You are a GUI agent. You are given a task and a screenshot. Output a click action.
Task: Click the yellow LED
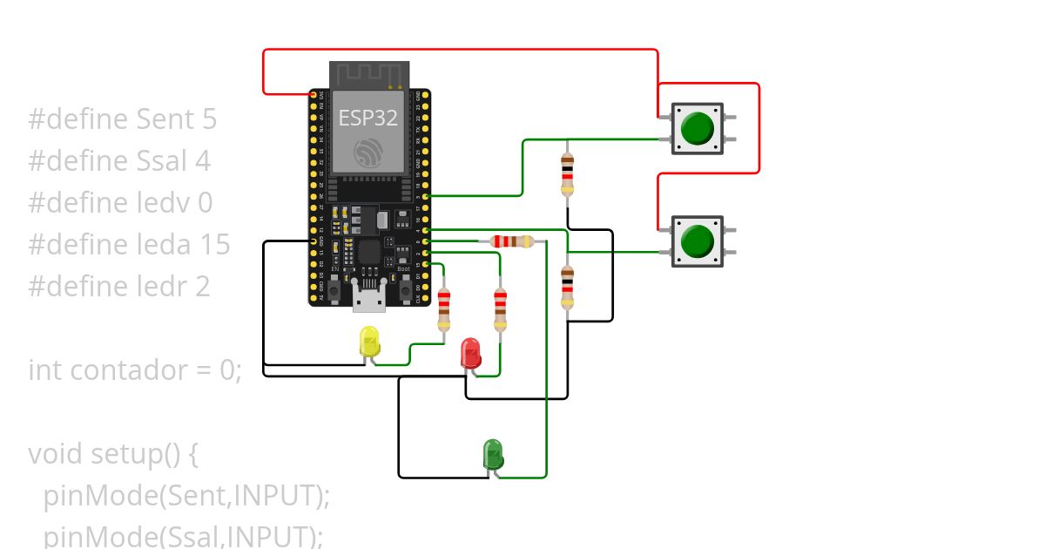click(x=370, y=341)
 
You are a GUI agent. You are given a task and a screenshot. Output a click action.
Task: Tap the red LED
click(x=470, y=353)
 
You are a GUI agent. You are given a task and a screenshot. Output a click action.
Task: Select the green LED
click(x=493, y=454)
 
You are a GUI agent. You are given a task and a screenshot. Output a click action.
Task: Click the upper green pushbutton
click(x=697, y=128)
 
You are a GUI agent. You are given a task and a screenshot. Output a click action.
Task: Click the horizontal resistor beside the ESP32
click(x=512, y=241)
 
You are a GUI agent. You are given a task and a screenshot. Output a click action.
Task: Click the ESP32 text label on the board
click(x=368, y=118)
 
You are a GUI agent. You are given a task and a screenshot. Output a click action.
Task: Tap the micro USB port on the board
click(x=369, y=301)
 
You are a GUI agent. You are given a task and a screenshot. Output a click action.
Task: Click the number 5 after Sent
click(x=208, y=119)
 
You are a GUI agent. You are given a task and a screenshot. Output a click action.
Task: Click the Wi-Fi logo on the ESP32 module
click(x=368, y=152)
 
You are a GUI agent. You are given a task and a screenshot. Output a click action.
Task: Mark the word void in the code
click(x=55, y=454)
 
